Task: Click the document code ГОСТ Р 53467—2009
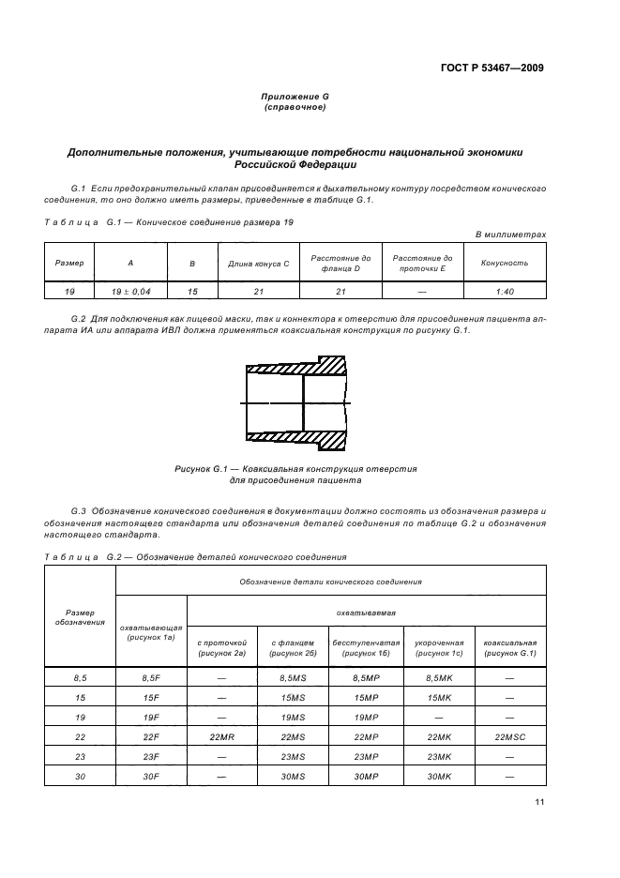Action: click(x=491, y=68)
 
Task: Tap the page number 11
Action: click(x=540, y=802)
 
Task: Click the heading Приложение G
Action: click(x=295, y=98)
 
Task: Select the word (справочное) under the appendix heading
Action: click(x=295, y=108)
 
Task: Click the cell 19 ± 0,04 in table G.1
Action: click(x=117, y=292)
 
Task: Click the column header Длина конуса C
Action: click(x=258, y=264)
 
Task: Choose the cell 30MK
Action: click(x=439, y=778)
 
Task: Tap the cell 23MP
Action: click(x=367, y=757)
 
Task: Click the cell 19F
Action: click(x=151, y=717)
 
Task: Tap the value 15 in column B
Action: click(x=192, y=292)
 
